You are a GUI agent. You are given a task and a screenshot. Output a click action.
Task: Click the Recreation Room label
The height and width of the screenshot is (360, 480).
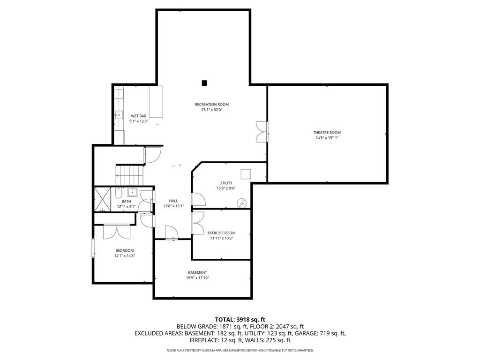211,105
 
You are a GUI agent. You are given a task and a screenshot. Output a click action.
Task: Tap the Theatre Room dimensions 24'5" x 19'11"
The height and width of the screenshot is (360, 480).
327,138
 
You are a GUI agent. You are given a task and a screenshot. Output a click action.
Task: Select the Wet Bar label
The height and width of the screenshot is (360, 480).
139,116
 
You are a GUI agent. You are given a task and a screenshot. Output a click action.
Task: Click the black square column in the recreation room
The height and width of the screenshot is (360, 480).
204,83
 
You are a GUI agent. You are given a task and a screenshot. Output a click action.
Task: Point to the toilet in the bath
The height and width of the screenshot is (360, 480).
119,193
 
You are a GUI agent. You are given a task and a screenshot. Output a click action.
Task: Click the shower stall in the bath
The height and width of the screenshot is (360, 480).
102,199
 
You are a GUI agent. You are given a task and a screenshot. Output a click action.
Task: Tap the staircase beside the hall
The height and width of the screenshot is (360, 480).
129,175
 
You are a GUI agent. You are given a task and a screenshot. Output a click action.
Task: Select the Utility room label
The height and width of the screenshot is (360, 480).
226,183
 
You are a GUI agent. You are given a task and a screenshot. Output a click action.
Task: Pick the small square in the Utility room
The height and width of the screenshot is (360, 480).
246,174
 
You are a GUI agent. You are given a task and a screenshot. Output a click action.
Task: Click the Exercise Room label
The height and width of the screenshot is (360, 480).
222,233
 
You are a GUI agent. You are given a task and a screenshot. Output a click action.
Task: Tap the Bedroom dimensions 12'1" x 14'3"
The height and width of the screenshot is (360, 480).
125,255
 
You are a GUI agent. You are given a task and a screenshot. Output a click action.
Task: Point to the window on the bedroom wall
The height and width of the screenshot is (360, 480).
93,247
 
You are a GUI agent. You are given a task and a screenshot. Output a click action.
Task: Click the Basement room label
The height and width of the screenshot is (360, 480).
197,272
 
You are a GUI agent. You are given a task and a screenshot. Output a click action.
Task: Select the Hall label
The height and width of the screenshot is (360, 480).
173,201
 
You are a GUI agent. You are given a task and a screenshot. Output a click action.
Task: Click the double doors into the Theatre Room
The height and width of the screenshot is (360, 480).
262,132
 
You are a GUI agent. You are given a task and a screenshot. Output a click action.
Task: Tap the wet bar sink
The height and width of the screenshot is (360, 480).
119,115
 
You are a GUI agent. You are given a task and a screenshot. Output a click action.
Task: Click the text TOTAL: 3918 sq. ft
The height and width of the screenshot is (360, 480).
240,320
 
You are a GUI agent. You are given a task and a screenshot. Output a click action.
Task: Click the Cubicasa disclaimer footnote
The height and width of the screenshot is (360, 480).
240,350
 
